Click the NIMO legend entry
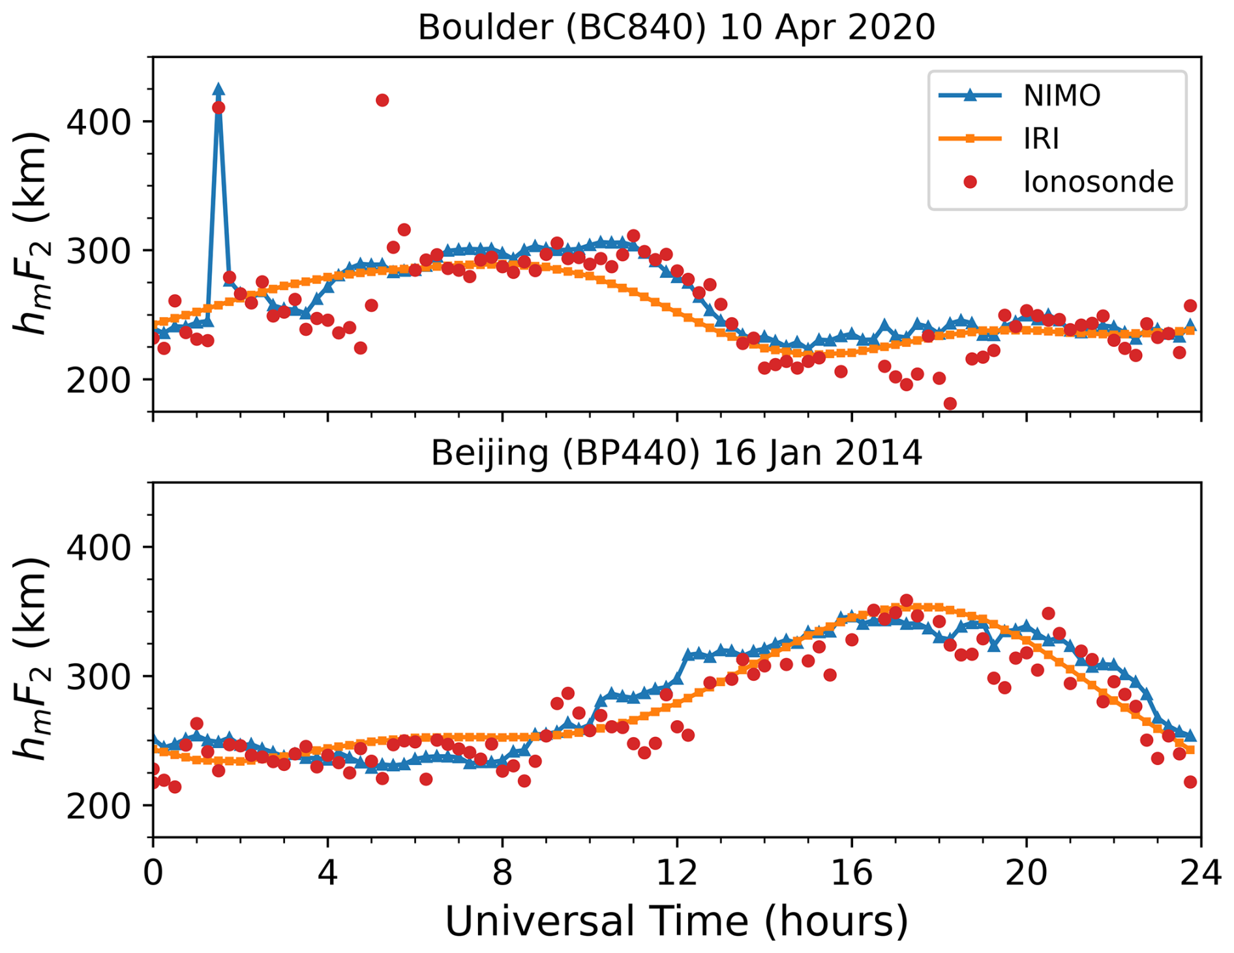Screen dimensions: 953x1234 (x=1061, y=96)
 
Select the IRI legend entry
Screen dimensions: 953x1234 (x=1041, y=138)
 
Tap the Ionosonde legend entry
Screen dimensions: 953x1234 (x=1098, y=181)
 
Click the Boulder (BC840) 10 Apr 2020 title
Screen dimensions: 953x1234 (x=676, y=27)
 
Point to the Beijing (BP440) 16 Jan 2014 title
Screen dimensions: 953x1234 (x=676, y=453)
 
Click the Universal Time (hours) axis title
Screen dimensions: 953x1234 (x=676, y=921)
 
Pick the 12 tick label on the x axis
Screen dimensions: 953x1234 (x=676, y=871)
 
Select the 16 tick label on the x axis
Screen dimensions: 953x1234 (x=851, y=871)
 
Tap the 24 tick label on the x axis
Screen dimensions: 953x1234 (x=1200, y=871)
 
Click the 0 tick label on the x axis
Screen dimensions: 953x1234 (x=153, y=871)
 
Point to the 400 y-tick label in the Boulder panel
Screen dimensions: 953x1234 (x=99, y=122)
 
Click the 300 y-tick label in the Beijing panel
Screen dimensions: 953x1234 (x=99, y=676)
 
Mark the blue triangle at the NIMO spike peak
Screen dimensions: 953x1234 (x=218, y=90)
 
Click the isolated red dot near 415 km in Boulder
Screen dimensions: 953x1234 (x=382, y=100)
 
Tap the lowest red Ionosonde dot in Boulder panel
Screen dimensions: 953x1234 (x=950, y=404)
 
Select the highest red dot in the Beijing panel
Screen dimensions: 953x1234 (x=906, y=601)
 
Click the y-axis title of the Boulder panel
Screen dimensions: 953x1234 (x=31, y=233)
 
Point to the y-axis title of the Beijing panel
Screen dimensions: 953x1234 (x=31, y=659)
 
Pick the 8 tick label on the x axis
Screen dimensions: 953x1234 (x=502, y=871)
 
